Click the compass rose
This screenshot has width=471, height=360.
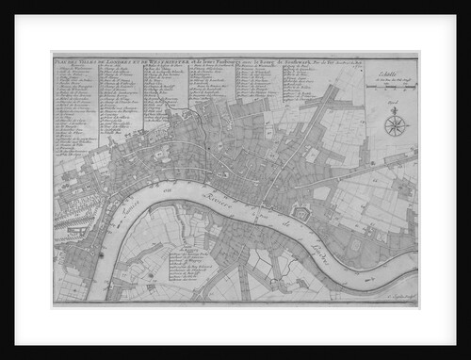396,123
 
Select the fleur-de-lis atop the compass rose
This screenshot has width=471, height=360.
396,110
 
